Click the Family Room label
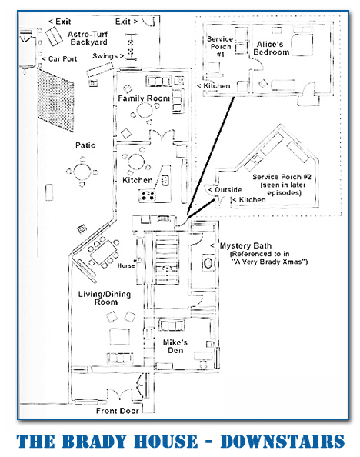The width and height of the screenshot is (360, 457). coord(144,98)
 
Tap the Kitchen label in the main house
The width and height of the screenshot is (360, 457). coord(138,180)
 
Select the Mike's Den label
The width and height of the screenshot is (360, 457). coord(175,346)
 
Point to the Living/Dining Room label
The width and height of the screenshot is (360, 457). coord(105,298)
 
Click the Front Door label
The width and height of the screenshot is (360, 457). coord(118,411)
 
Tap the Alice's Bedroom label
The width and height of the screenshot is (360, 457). coord(271,48)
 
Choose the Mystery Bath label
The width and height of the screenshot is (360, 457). coord(245,245)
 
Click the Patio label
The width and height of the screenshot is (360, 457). coord(85,145)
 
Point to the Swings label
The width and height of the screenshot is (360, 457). coord(105,55)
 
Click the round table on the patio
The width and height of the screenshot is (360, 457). coord(82,172)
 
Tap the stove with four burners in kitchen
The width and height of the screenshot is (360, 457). coord(148,195)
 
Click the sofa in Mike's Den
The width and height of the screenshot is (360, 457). coord(172,325)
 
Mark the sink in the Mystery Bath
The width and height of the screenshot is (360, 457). coord(208,263)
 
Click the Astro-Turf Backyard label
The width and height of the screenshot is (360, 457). coord(88,38)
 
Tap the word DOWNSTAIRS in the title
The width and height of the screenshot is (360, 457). coord(282,441)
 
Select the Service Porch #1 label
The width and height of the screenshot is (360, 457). coord(220,46)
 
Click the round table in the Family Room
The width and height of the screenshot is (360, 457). coord(145,110)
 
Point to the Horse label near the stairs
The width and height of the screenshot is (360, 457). coord(126,265)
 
